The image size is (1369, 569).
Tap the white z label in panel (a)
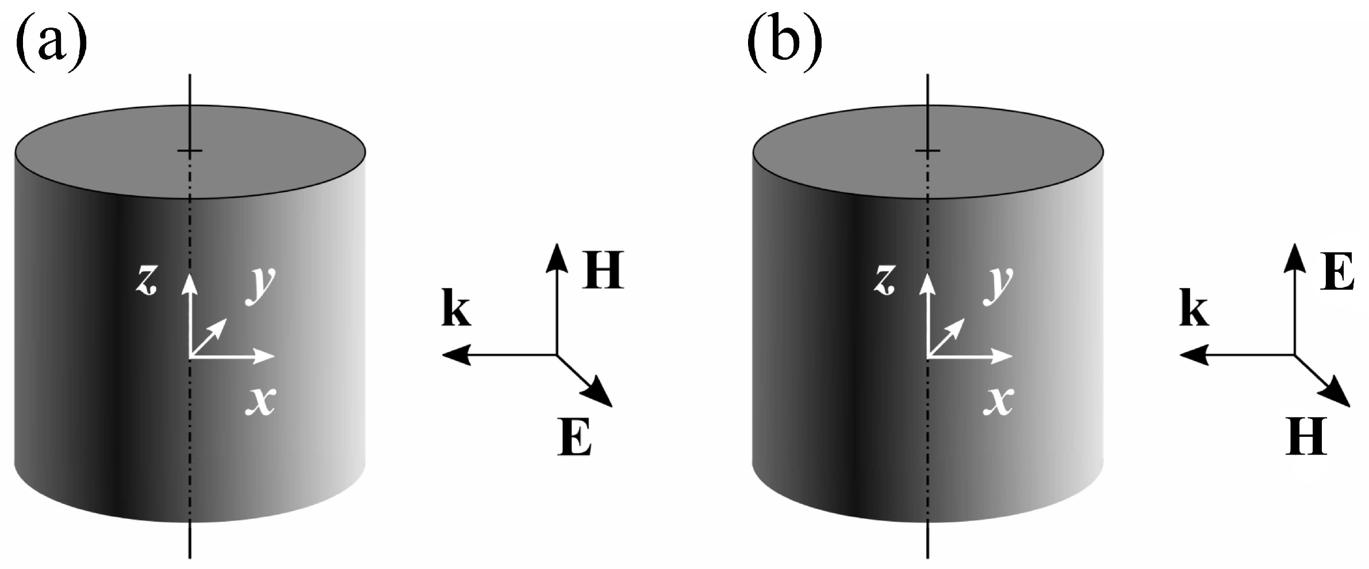pos(147,281)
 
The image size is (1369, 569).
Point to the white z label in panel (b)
pos(884,281)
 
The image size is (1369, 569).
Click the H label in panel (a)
pos(603,270)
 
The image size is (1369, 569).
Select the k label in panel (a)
pos(456,311)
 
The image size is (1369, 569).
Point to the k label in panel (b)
pos(1194,311)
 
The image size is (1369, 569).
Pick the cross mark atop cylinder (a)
pos(190,151)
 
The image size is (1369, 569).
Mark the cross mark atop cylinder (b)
pos(927,151)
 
